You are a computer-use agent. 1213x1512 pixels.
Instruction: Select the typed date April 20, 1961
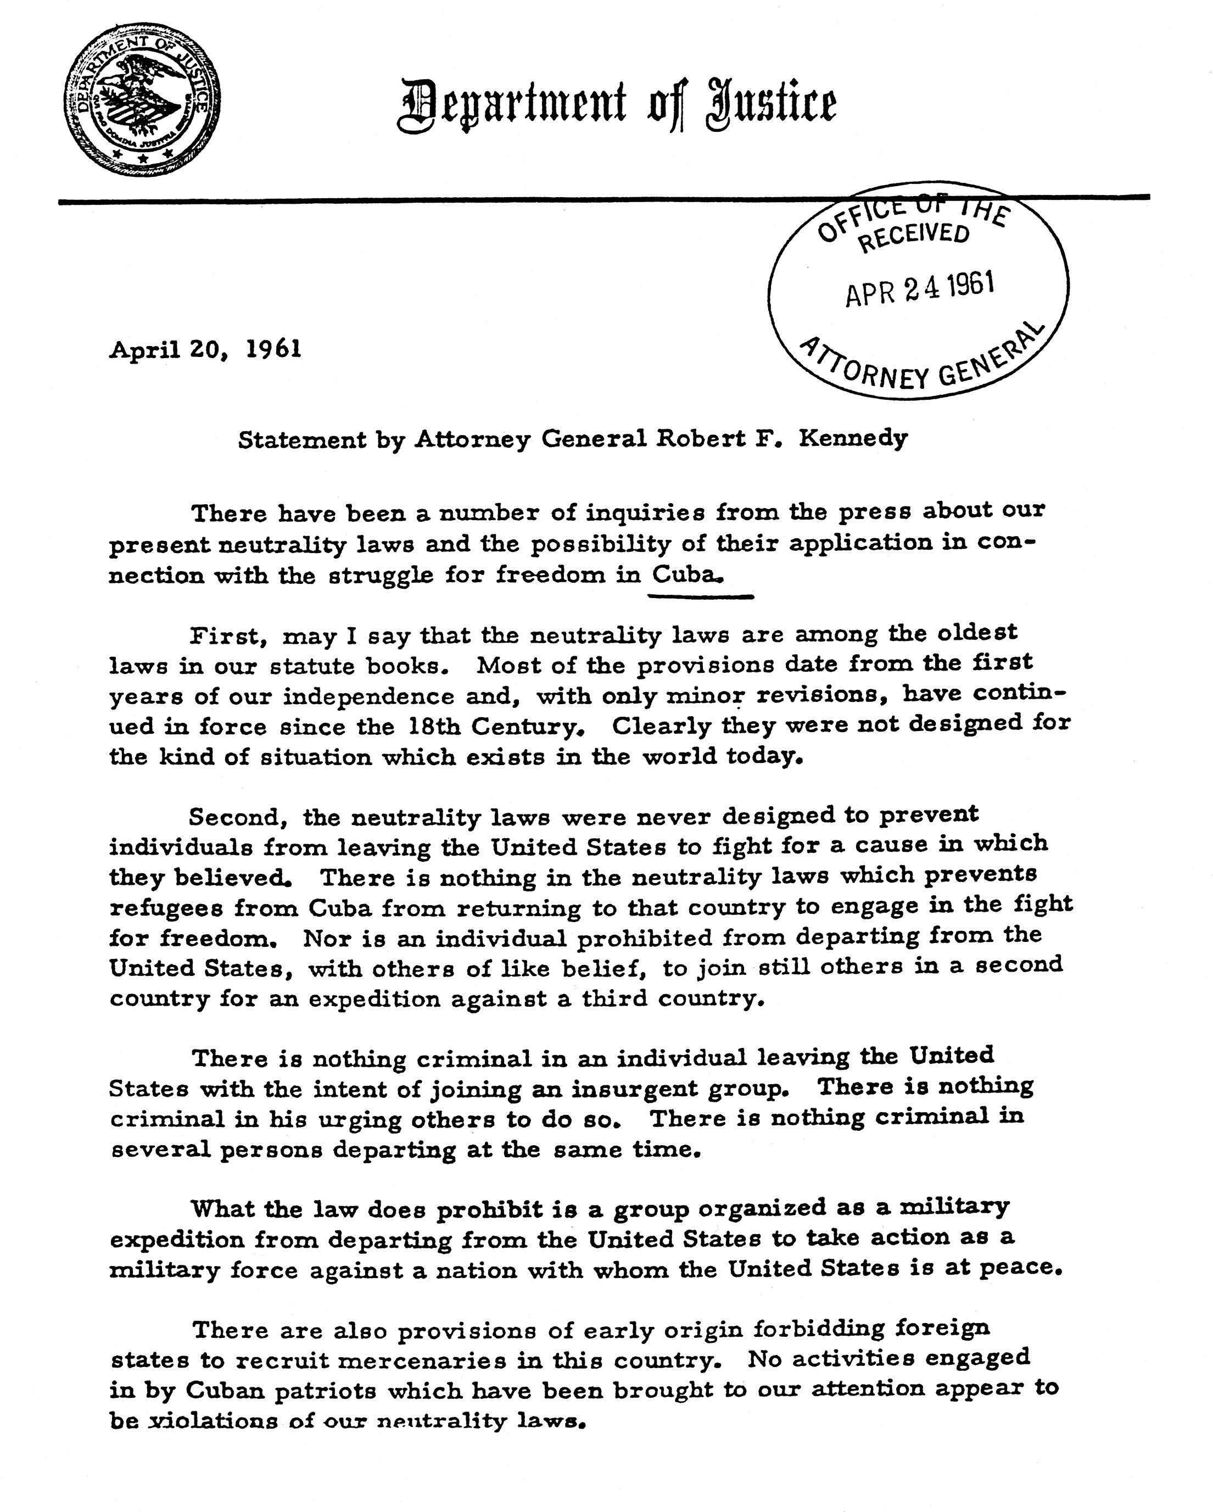205,349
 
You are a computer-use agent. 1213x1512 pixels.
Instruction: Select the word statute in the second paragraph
314,666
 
